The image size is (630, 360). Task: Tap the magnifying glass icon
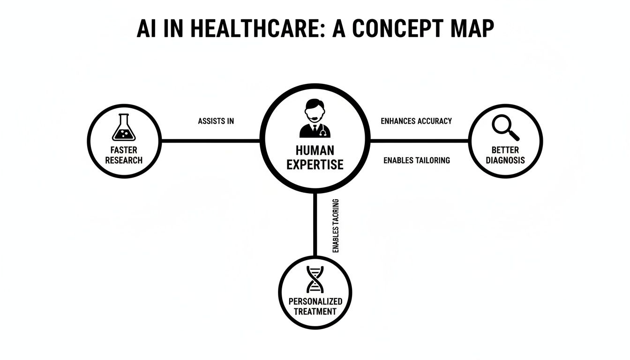tap(506, 127)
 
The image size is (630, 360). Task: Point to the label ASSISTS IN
tap(216, 121)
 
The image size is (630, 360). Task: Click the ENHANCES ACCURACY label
tap(416, 121)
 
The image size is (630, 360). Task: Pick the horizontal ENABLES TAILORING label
tap(416, 160)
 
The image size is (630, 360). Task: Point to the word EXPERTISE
tap(315, 165)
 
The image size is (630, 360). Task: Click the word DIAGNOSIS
tap(505, 160)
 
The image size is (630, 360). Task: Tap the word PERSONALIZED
tap(315, 301)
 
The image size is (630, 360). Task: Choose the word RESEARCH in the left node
tap(124, 160)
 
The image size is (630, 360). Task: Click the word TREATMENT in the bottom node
tap(315, 311)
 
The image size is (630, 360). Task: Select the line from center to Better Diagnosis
tap(420, 140)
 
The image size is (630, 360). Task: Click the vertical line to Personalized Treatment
tap(315, 225)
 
